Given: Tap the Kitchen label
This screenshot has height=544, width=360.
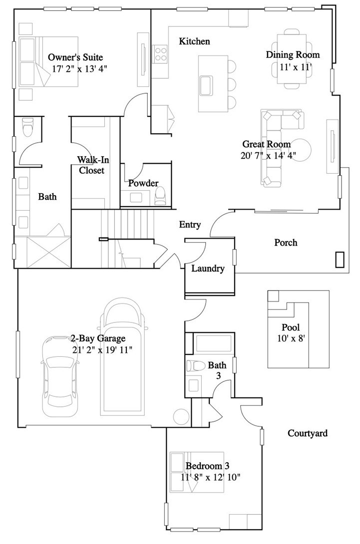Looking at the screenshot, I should coord(194,41).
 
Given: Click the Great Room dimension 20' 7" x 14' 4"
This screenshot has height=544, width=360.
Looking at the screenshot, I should coord(268,155).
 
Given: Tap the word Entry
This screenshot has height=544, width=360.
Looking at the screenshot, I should coord(190,225).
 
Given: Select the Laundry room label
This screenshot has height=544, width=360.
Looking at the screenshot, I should coord(208,269).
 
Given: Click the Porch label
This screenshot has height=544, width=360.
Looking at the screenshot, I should coord(286,243).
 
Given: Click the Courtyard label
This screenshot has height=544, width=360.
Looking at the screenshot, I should coord(308,433).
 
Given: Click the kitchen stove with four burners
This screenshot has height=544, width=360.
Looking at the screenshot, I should coord(160,53).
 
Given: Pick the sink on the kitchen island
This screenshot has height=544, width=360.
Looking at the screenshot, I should coord(205,85).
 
